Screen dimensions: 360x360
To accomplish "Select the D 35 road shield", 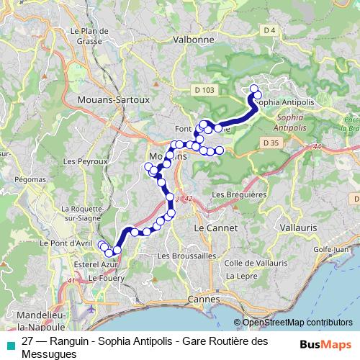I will [x=271, y=143].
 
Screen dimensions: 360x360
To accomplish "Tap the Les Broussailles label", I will [x=186, y=256].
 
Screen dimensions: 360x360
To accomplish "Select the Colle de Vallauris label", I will [x=251, y=263].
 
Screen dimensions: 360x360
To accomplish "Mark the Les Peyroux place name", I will [x=79, y=161].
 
